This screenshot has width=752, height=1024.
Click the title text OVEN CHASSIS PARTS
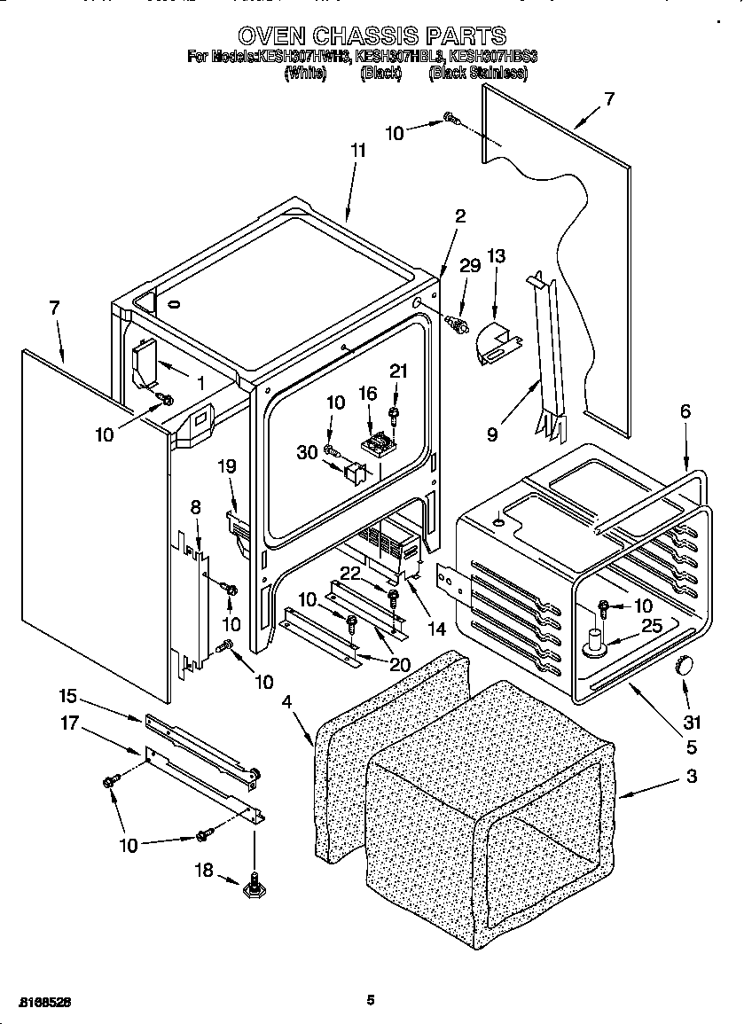point(372,35)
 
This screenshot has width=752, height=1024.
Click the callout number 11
point(357,151)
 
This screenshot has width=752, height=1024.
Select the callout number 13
point(497,257)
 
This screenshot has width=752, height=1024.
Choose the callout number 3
point(692,778)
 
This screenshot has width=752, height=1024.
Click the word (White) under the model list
point(306,74)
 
